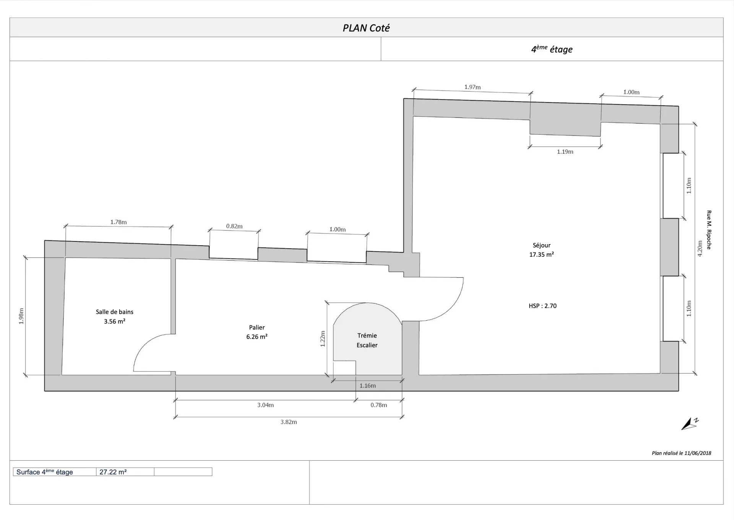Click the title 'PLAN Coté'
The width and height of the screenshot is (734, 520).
[x=366, y=28]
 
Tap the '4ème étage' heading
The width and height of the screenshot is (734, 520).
[x=552, y=49]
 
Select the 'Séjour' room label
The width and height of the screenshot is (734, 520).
[x=542, y=245]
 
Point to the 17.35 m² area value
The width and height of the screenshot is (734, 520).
[x=542, y=254]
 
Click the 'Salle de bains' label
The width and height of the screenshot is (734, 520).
[x=115, y=312]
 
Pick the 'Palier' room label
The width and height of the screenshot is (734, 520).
[x=257, y=328]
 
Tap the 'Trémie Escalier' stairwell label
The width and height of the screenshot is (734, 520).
[x=367, y=340]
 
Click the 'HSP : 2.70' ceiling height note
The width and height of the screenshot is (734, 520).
[x=542, y=306]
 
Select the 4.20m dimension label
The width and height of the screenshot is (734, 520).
[x=700, y=249]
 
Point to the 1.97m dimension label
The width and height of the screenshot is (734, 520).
[x=473, y=87]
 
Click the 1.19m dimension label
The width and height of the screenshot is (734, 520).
[x=565, y=152]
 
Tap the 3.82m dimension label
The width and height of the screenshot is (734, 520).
[x=289, y=422]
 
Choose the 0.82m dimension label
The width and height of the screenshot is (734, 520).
[x=234, y=226]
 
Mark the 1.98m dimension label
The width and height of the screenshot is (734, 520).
[x=21, y=316]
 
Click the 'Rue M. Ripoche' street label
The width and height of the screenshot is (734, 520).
[x=709, y=230]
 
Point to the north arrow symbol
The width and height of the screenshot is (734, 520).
[x=690, y=424]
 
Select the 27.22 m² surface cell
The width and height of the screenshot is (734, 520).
[x=125, y=472]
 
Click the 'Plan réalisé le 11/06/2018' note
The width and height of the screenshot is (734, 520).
[x=682, y=453]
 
